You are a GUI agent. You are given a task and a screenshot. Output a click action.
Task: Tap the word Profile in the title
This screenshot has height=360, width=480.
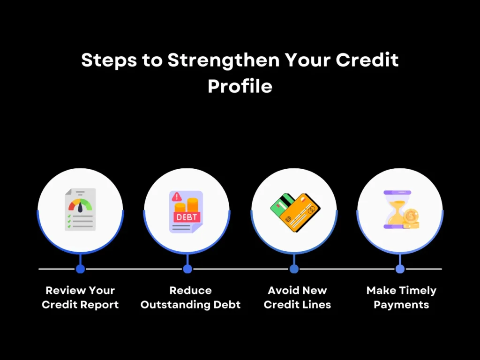240,86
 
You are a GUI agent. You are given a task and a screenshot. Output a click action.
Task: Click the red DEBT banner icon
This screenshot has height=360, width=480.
187,217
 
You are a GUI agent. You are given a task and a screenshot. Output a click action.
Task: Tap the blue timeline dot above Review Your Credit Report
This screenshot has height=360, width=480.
80,269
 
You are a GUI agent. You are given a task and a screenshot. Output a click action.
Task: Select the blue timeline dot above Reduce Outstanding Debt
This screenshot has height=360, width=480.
187,269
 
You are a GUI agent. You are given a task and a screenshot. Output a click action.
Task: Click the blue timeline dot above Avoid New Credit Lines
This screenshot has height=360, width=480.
294,269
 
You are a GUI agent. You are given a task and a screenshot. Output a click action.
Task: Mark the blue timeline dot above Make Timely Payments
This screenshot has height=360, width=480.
400,269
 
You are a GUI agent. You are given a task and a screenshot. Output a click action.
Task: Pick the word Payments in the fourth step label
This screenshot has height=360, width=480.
401,305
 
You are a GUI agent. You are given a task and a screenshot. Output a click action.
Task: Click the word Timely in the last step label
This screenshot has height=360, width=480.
417,290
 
